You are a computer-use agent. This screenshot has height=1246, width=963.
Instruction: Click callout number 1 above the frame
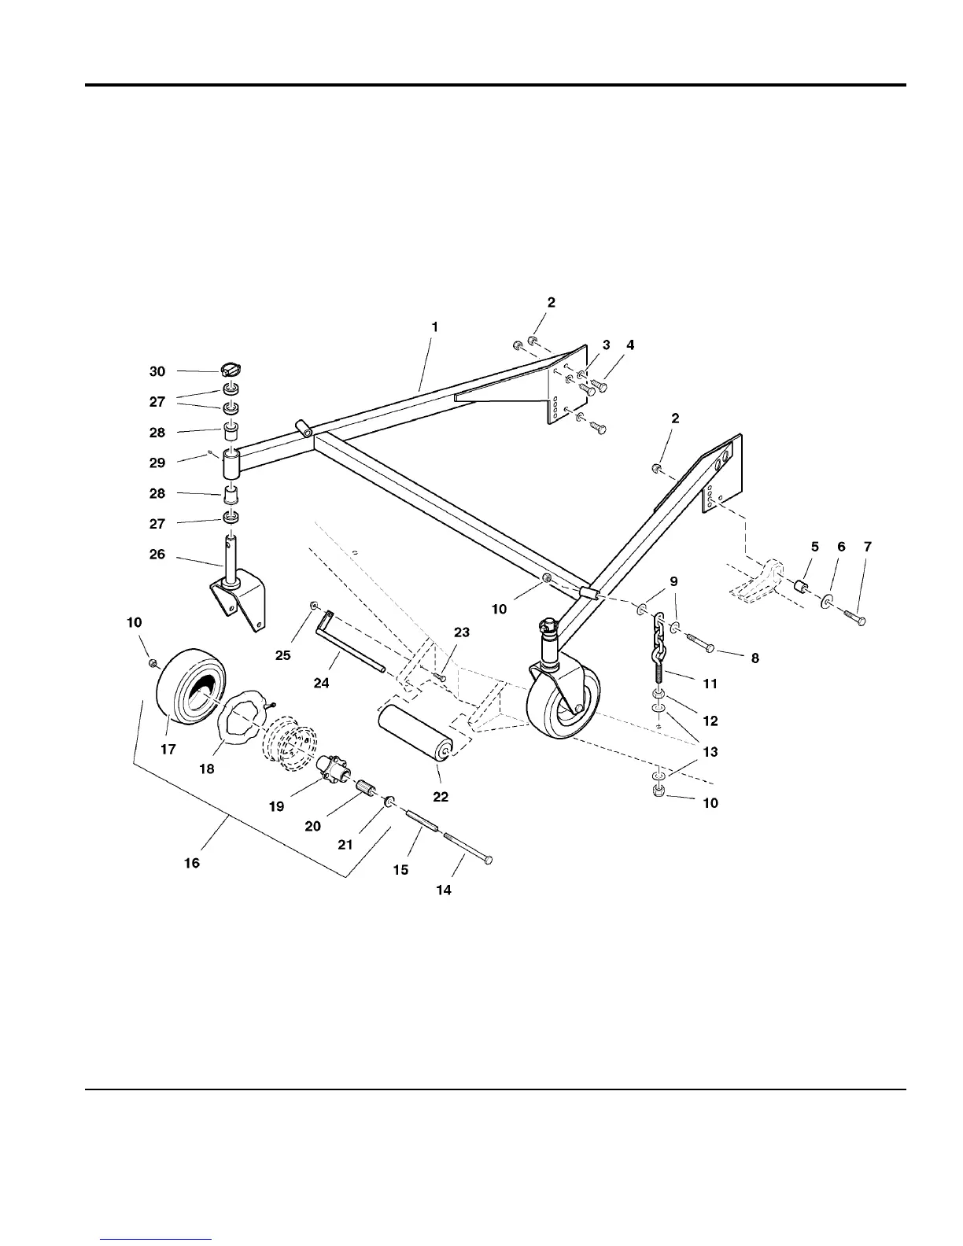tap(435, 326)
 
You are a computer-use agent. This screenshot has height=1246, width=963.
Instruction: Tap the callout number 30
tap(157, 371)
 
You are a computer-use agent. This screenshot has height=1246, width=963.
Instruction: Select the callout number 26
tap(157, 554)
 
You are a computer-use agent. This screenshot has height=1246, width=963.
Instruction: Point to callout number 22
tap(441, 797)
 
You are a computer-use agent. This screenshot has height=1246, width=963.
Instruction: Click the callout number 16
tap(192, 863)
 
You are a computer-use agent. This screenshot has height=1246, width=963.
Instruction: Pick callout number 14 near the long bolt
tap(444, 890)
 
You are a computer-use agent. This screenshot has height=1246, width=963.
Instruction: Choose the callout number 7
tap(866, 546)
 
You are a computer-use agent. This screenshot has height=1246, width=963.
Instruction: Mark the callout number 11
tap(710, 684)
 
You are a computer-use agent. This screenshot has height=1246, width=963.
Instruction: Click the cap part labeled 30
tap(231, 368)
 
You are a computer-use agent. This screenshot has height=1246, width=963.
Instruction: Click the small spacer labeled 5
tap(802, 587)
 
